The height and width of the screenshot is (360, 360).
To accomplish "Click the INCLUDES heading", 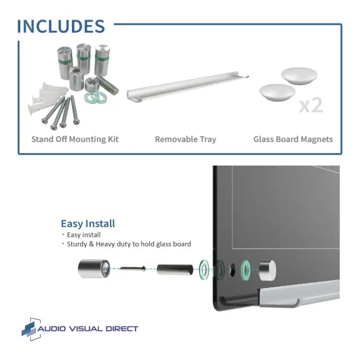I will [x=60, y=26].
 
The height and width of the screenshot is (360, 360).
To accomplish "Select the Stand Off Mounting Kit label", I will [x=75, y=139].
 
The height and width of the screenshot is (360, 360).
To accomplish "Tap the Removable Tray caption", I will [x=185, y=139].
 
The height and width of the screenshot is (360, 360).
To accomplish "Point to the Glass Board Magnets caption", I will [x=293, y=139].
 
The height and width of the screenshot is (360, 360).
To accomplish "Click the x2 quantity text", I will [x=310, y=105].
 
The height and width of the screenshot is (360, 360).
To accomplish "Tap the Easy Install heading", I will [x=88, y=223].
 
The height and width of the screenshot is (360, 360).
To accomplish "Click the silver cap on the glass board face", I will [x=268, y=268].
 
